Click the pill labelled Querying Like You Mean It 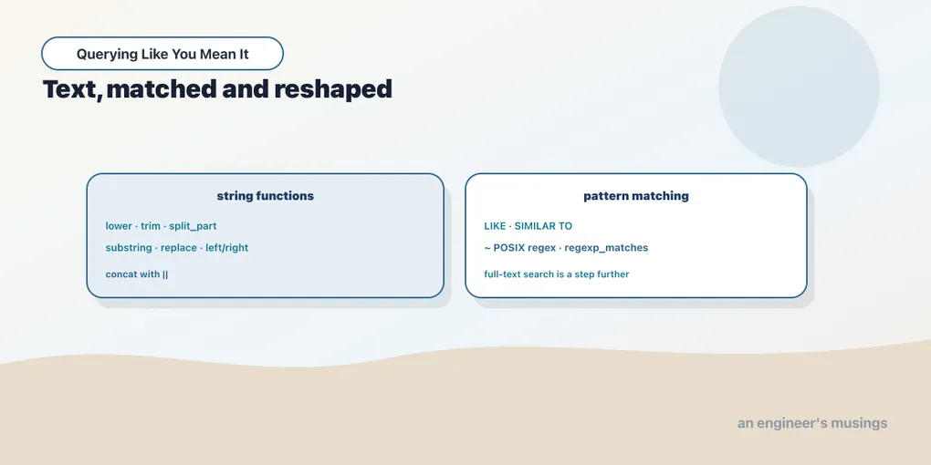[x=162, y=54]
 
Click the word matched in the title [x=161, y=89]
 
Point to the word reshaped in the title [x=333, y=89]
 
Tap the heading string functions [x=266, y=196]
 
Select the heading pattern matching [x=636, y=196]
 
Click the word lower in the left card [x=119, y=226]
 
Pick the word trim [x=151, y=226]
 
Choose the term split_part [x=193, y=226]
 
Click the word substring [x=129, y=248]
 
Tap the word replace [x=179, y=248]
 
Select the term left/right [x=226, y=248]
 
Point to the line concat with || [x=137, y=274]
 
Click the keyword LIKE [x=496, y=226]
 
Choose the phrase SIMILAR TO [x=543, y=226]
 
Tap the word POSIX [x=509, y=247]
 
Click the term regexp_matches [x=606, y=248]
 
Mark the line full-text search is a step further [x=557, y=274]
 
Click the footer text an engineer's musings [x=812, y=423]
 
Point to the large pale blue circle [x=799, y=87]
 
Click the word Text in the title [x=70, y=89]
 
